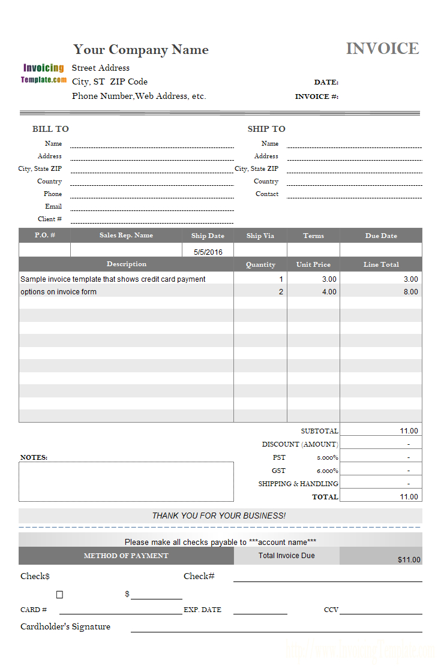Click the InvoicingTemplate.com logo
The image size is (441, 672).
tap(44, 73)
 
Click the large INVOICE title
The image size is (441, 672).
tap(382, 49)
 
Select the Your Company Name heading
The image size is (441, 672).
tap(141, 50)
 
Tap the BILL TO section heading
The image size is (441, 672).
tap(50, 129)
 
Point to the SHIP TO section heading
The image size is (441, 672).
tap(266, 129)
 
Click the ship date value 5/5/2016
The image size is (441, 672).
tap(208, 252)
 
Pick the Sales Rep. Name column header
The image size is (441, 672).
tap(126, 236)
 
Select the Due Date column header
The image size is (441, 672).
tap(381, 236)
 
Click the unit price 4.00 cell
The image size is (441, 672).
tap(329, 292)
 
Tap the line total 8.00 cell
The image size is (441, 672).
tap(410, 292)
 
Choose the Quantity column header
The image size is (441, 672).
tap(260, 264)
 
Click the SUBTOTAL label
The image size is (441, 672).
tap(319, 431)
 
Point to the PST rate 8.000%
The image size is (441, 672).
tap(328, 458)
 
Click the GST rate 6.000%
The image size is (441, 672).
tap(328, 471)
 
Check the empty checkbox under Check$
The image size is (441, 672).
tap(59, 595)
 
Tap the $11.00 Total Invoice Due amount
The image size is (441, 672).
tap(409, 560)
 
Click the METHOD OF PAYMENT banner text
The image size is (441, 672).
tap(126, 556)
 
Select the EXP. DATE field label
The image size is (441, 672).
tap(202, 610)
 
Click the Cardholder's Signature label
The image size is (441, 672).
tap(65, 626)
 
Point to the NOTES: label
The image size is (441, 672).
tap(34, 457)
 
